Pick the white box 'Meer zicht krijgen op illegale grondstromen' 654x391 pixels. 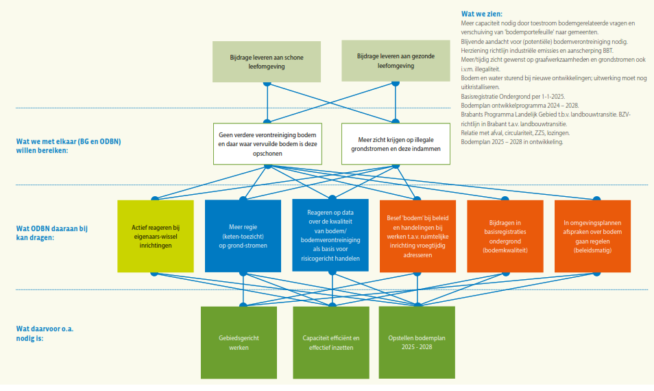coord(396,143)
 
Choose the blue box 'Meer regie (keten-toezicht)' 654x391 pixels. coord(243,236)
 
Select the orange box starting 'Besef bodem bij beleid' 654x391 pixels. coord(417,236)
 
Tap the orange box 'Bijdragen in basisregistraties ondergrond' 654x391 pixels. coord(505,236)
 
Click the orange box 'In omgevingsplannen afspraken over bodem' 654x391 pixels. coord(592,236)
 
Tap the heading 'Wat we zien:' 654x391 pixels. coord(481,14)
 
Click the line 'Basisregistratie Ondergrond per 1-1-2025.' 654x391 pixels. coord(513,96)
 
